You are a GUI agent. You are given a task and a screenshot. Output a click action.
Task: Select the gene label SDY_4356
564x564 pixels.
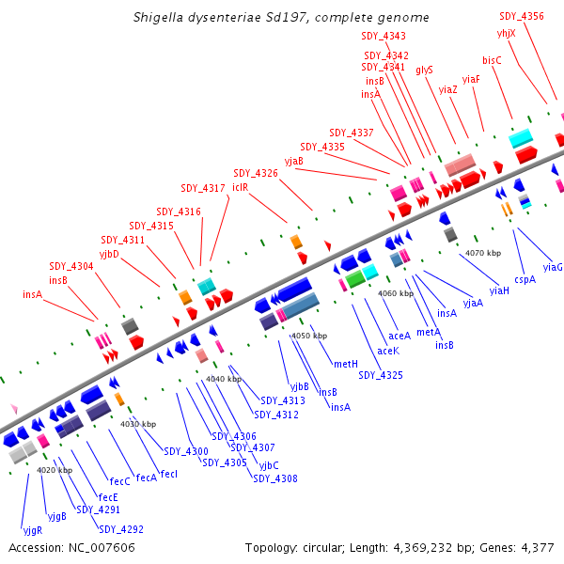tap(522, 16)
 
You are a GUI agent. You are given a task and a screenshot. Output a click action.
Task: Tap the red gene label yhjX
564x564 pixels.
tap(507, 33)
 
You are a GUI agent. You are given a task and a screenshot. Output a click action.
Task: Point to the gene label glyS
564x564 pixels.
tap(424, 70)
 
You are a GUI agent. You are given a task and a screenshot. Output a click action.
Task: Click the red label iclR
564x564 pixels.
tap(240, 187)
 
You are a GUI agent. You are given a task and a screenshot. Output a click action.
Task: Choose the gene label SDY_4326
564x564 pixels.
tap(256, 173)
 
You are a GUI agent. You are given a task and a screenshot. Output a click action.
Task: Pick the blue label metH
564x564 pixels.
tap(345, 364)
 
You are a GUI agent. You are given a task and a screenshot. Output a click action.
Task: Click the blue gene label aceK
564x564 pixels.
tap(388, 351)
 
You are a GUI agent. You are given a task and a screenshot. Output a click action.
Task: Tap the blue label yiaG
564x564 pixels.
tap(553, 267)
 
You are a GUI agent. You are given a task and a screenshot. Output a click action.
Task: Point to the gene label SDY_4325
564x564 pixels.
tap(381, 375)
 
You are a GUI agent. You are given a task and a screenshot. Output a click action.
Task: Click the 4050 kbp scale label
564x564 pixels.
tap(309, 336)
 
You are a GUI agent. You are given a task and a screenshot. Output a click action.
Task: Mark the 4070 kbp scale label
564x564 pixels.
tap(483, 253)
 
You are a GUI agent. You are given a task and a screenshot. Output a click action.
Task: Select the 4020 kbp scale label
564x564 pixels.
tap(55, 469)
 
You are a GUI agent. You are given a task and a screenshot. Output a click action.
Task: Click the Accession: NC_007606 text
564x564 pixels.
tap(71, 547)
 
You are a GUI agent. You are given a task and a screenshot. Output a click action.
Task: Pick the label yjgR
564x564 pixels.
tap(33, 529)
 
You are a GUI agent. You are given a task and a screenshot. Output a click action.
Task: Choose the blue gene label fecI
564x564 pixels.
tap(169, 474)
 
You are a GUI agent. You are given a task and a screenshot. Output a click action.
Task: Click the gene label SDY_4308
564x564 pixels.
tap(274, 478)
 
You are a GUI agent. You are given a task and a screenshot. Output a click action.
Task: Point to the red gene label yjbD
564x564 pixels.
tap(110, 254)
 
